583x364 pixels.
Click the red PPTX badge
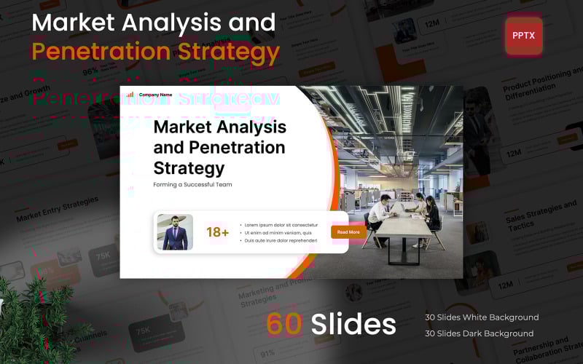[x=524, y=36]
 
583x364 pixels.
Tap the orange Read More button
[x=348, y=232]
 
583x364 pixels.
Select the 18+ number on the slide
[x=217, y=232]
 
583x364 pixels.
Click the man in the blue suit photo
[x=175, y=232]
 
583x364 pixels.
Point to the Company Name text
[x=155, y=94]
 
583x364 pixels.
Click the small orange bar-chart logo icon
[x=130, y=94]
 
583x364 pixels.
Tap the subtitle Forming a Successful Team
[x=192, y=184]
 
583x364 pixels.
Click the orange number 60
[x=284, y=324]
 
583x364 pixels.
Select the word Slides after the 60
[x=353, y=324]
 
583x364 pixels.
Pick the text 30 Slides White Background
[x=482, y=317]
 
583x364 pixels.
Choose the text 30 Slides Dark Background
[x=479, y=333]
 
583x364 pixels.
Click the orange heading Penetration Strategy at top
[x=155, y=52]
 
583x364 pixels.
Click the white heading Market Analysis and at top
[x=154, y=22]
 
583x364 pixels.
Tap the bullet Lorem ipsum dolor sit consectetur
[x=281, y=224]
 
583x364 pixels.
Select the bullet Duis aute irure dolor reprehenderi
[x=281, y=240]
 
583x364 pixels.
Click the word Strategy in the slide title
[x=189, y=167]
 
